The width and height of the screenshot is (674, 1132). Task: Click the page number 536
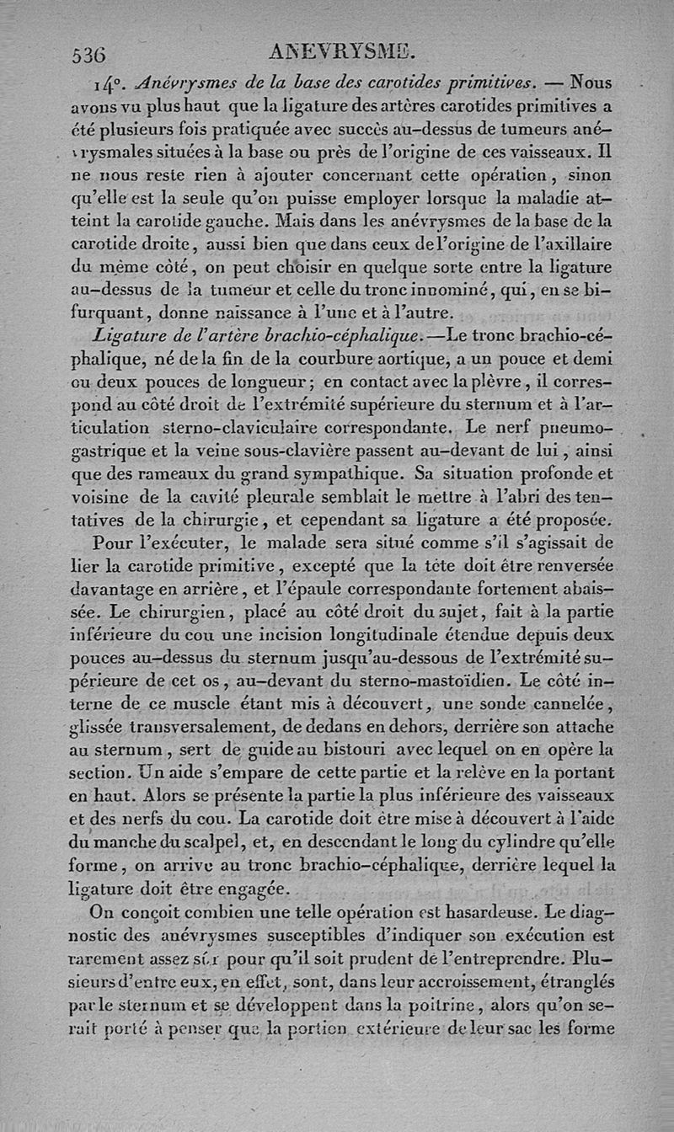coord(89,55)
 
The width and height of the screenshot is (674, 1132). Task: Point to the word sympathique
coord(348,472)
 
